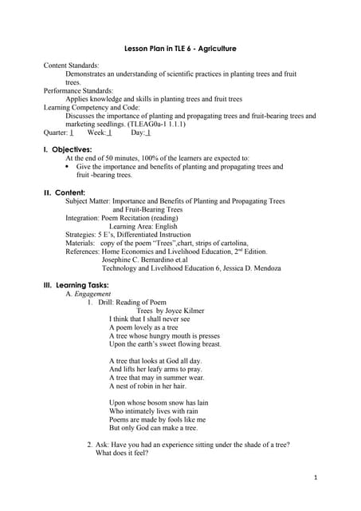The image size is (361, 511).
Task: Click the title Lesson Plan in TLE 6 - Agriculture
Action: point(180,49)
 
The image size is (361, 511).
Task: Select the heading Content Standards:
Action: point(72,65)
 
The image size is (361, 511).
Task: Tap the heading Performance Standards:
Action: point(78,91)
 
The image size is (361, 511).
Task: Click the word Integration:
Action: point(84,218)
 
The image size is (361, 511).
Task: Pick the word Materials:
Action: point(83,243)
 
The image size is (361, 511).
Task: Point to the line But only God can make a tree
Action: point(153,428)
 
